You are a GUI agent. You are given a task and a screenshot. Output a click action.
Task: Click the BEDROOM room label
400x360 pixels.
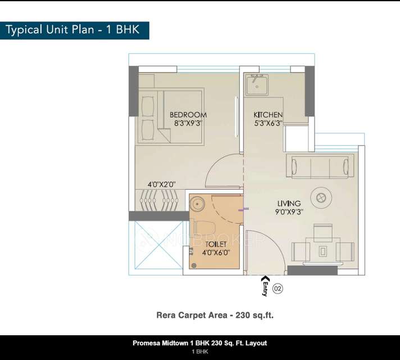point(188,115)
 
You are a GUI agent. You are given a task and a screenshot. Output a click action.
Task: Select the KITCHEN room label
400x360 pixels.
point(268,115)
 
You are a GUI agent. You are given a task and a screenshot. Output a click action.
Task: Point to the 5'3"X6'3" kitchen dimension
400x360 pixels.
point(268,123)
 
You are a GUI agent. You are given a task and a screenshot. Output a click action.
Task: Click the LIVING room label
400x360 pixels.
point(289,203)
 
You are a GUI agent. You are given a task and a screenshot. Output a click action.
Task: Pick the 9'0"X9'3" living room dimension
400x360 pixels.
point(289,212)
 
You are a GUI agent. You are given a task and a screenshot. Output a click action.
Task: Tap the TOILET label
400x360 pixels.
point(216,245)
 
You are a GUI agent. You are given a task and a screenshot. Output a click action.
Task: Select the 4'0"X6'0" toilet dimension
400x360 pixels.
point(216,253)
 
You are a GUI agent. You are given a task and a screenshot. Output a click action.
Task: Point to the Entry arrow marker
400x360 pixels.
point(265,279)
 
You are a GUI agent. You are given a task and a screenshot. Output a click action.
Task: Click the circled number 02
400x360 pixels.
point(278,289)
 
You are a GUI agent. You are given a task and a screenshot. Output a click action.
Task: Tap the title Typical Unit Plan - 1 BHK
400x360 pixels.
point(72,30)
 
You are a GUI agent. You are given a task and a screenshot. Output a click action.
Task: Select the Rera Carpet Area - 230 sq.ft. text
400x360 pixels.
point(215,316)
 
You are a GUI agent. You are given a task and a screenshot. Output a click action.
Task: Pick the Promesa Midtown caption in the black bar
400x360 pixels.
point(199,343)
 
